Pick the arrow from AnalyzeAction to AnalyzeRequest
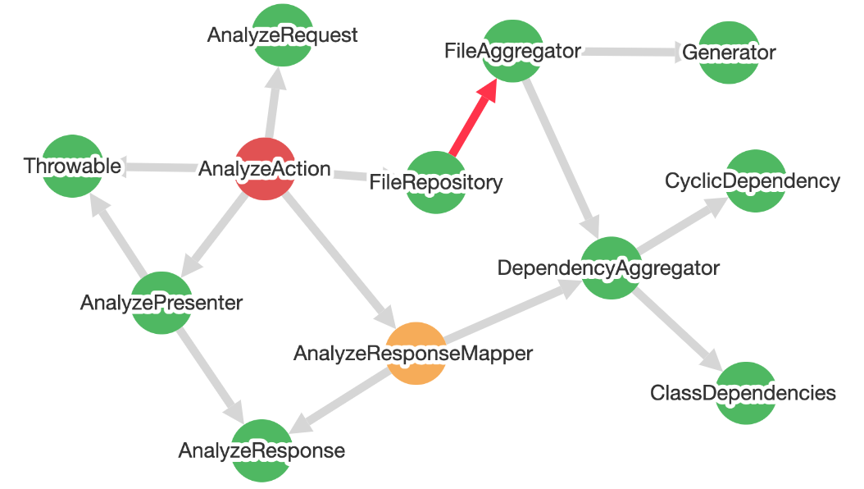click(274, 102)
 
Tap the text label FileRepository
click(435, 181)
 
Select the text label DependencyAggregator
click(608, 267)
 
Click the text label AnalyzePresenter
click(161, 303)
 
